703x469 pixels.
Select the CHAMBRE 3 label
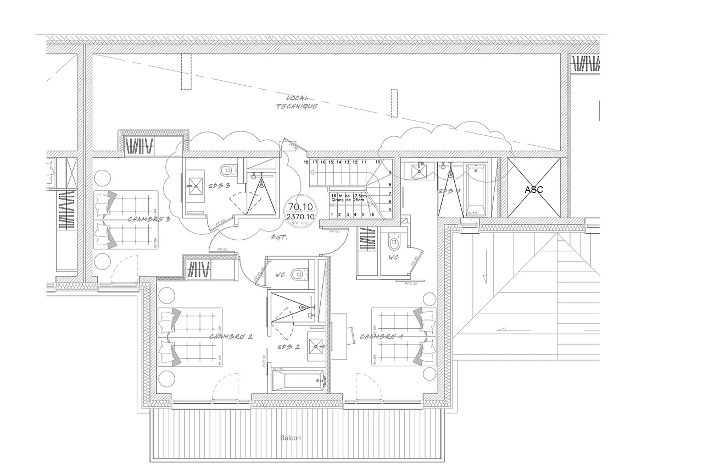coord(149,219)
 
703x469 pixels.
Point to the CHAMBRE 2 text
coord(231,336)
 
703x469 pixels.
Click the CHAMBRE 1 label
coord(381,336)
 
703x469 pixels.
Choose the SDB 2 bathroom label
coord(288,347)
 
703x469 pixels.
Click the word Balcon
coord(290,438)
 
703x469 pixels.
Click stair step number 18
coord(306,162)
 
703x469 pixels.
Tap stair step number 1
coord(332,214)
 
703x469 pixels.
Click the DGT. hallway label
coord(279,238)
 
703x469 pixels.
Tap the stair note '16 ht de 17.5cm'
coord(349,196)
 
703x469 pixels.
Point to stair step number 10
coord(378,162)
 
